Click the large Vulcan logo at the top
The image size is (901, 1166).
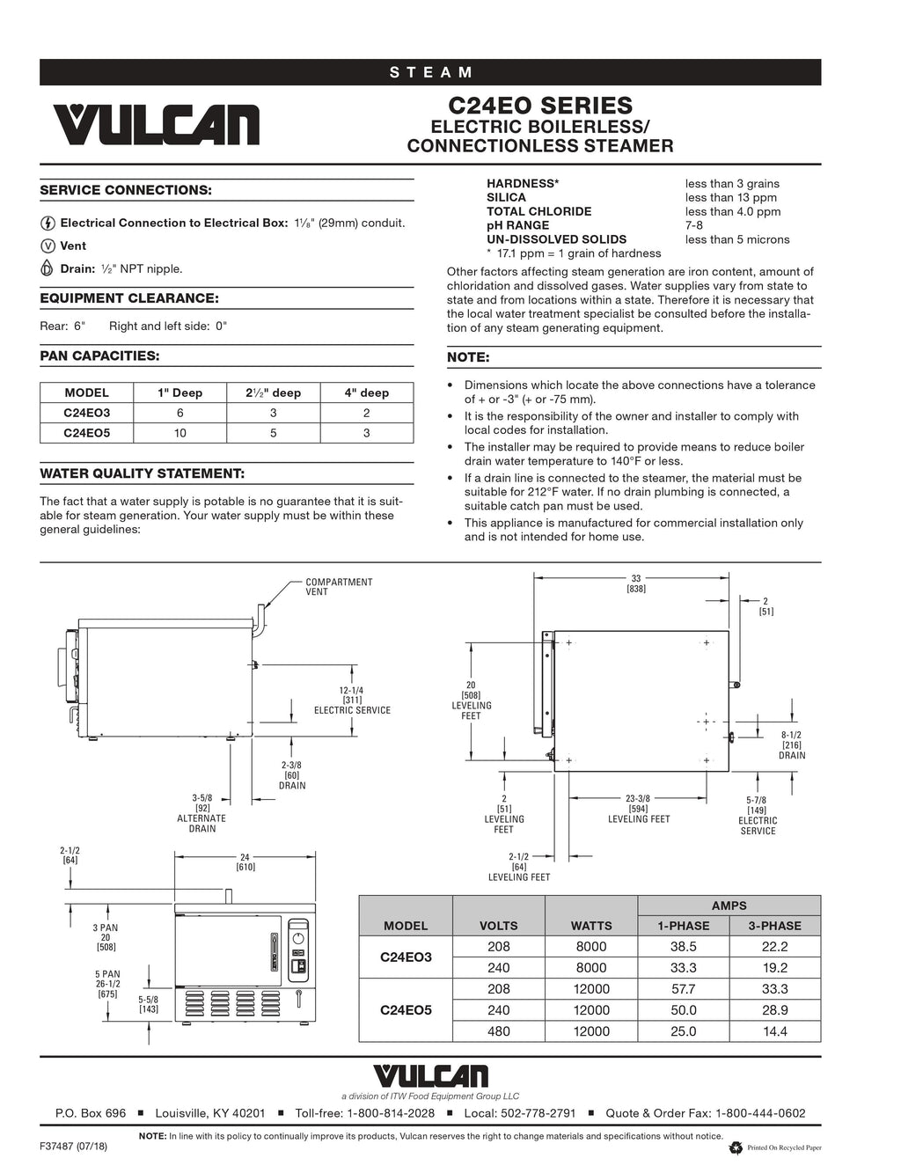[x=157, y=125]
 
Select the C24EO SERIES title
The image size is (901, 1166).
[x=540, y=106]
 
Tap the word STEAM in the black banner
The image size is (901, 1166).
[x=431, y=72]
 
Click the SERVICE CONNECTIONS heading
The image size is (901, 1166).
[x=126, y=190]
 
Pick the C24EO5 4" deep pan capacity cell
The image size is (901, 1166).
[x=366, y=433]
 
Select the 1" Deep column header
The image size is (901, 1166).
[x=180, y=392]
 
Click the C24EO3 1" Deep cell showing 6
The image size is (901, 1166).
[x=180, y=413]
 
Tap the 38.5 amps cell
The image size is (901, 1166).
[x=683, y=947]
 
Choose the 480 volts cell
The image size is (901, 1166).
[x=498, y=1031]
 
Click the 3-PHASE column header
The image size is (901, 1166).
[x=774, y=926]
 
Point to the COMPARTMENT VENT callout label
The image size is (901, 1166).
[x=339, y=587]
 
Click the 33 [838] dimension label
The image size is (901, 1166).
[x=635, y=583]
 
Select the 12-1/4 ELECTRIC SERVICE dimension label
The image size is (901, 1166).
[x=352, y=700]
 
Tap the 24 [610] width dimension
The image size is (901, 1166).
[x=245, y=862]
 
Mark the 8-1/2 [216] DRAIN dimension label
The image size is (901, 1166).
[x=791, y=744]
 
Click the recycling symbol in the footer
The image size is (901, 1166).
[x=736, y=1148]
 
